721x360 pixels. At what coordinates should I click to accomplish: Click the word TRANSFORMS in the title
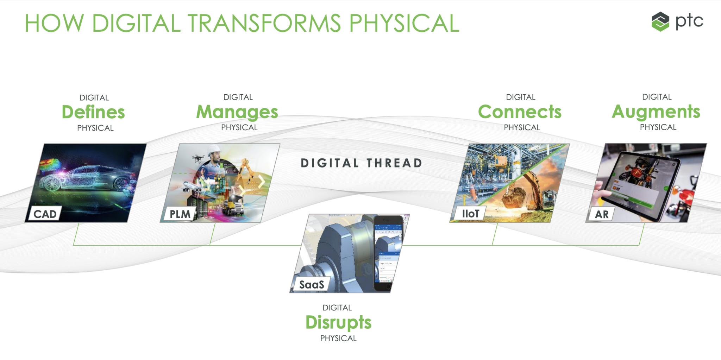[x=264, y=24]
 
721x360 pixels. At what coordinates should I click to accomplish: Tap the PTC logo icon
[x=660, y=21]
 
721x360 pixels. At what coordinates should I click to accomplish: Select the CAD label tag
[x=45, y=214]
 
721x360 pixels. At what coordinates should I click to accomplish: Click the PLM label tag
[x=180, y=214]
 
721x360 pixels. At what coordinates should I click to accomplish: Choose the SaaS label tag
[x=311, y=284]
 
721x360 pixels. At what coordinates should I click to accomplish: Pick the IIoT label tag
[x=470, y=214]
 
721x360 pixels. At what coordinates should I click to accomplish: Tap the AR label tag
[x=602, y=214]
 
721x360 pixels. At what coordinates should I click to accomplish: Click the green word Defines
[x=93, y=112]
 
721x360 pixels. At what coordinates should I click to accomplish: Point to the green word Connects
[x=520, y=112]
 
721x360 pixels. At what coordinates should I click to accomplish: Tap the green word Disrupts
[x=338, y=323]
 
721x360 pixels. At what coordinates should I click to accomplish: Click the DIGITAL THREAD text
[x=362, y=163]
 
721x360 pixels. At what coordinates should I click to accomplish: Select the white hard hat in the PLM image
[x=213, y=151]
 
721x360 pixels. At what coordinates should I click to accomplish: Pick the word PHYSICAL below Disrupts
[x=338, y=338]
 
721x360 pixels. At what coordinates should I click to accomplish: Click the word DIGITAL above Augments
[x=657, y=97]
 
